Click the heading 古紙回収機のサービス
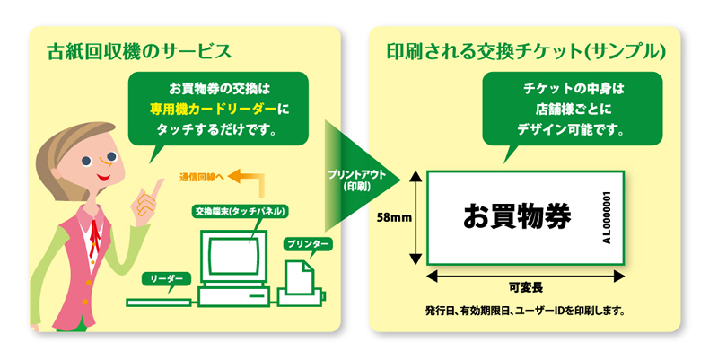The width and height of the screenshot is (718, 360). point(139,52)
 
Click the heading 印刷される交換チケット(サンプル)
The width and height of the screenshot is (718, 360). point(526,52)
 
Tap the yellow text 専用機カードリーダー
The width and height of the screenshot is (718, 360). point(214,109)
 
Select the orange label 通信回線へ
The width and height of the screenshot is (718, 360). point(201,178)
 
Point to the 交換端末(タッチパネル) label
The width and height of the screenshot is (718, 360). point(240,211)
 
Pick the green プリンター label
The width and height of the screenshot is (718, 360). point(308,244)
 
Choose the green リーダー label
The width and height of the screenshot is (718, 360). point(167,279)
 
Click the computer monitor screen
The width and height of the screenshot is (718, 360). point(233,256)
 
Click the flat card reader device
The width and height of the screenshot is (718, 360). point(159,303)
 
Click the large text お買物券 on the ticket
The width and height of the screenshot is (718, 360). point(517,216)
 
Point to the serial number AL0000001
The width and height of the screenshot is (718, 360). point(607,217)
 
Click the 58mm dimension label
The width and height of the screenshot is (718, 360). point(394,217)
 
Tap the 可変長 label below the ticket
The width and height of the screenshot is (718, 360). point(525,287)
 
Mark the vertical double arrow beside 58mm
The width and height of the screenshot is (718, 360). point(416,217)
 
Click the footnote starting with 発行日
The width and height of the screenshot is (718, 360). point(525,312)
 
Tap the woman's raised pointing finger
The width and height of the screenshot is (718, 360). point(158,189)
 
